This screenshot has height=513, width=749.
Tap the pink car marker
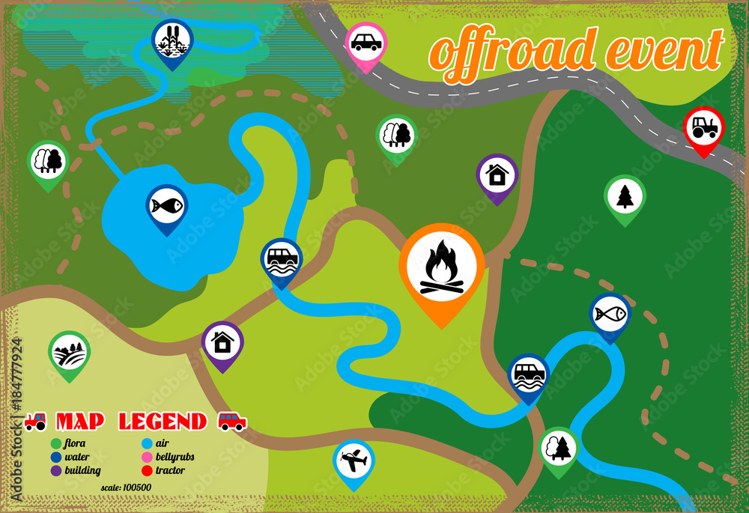click(366, 43)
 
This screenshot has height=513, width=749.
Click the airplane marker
click(354, 460)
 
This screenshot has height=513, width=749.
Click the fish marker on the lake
click(166, 205)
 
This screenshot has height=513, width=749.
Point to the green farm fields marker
click(69, 352)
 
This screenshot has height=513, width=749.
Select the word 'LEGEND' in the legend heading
click(163, 422)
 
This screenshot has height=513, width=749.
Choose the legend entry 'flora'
click(75, 443)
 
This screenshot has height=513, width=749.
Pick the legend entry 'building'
click(82, 470)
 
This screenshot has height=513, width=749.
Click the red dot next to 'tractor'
click(146, 470)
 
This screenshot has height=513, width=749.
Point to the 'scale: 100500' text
click(126, 488)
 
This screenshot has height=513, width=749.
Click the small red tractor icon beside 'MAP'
click(35, 422)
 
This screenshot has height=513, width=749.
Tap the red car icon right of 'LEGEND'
click(232, 421)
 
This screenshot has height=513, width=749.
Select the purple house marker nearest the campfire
click(497, 175)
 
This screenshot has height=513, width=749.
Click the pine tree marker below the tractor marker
click(625, 196)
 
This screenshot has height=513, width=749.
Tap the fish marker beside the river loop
click(610, 314)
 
